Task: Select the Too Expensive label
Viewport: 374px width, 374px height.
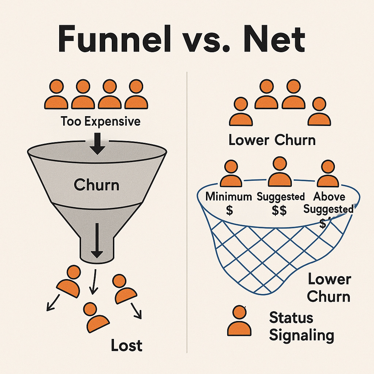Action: [x=100, y=121]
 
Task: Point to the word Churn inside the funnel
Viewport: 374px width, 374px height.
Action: [x=96, y=185]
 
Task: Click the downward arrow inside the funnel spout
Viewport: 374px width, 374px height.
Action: [x=97, y=241]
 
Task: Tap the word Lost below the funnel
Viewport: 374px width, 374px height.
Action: [x=127, y=346]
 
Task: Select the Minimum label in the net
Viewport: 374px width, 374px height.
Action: [x=229, y=196]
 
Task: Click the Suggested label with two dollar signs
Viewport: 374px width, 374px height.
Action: [x=280, y=197]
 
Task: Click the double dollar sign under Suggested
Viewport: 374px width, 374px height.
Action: [x=280, y=211]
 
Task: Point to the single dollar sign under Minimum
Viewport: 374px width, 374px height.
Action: [x=229, y=211]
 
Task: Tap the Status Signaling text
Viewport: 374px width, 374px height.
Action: [x=301, y=326]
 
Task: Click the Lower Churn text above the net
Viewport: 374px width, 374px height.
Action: [x=272, y=140]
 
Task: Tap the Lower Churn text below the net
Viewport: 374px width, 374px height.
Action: [x=329, y=288]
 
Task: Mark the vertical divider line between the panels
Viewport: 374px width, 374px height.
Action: [x=187, y=212]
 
